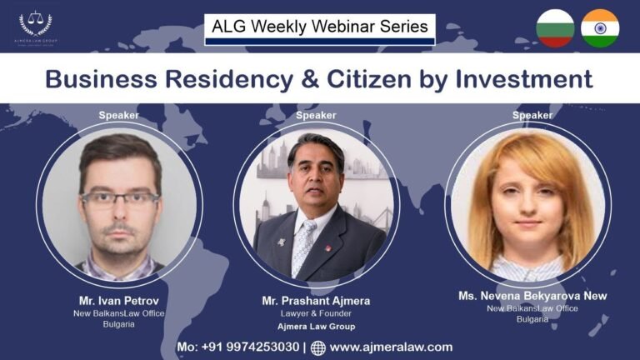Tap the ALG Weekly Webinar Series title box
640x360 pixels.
320,27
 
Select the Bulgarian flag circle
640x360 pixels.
555,27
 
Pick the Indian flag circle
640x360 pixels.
600,27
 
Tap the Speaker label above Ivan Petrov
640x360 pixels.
119,115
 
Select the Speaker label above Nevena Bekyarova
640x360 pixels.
532,115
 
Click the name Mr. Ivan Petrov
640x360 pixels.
118,300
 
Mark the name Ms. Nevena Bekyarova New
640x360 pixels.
532,296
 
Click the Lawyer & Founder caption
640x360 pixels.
317,314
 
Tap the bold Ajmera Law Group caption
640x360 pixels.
317,327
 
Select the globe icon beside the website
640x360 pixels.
318,347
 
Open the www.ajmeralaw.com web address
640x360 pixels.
391,347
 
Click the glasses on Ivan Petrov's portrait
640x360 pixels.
119,198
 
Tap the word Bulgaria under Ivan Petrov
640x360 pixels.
117,324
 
